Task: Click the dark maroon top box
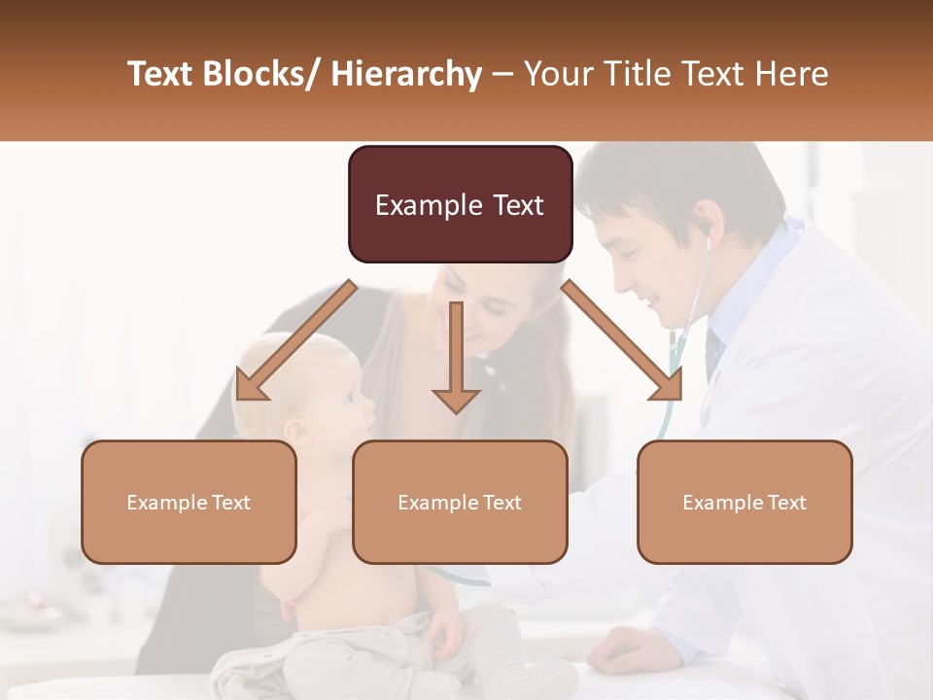coord(460,204)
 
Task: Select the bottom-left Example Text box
coord(189,502)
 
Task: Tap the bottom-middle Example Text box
coord(460,502)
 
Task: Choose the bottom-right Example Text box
coord(744,502)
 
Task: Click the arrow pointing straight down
coord(456,356)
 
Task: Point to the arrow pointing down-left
coord(295,340)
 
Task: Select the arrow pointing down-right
coord(622,340)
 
